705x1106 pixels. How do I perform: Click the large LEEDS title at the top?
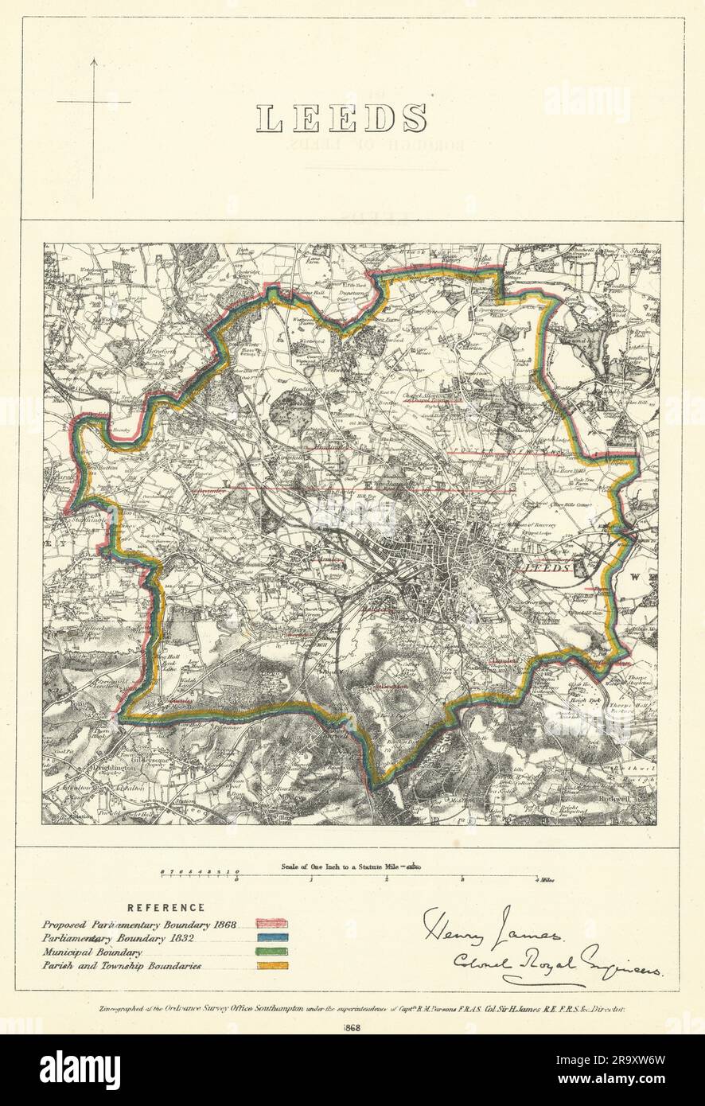341,119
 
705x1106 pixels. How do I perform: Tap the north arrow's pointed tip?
93,60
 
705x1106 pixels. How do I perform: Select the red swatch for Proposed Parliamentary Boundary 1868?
271,924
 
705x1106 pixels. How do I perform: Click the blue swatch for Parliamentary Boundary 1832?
271,938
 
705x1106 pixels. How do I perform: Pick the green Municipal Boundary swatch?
271,952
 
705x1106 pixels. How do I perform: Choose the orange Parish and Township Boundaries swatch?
271,966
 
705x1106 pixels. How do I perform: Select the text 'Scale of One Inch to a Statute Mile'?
344,866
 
